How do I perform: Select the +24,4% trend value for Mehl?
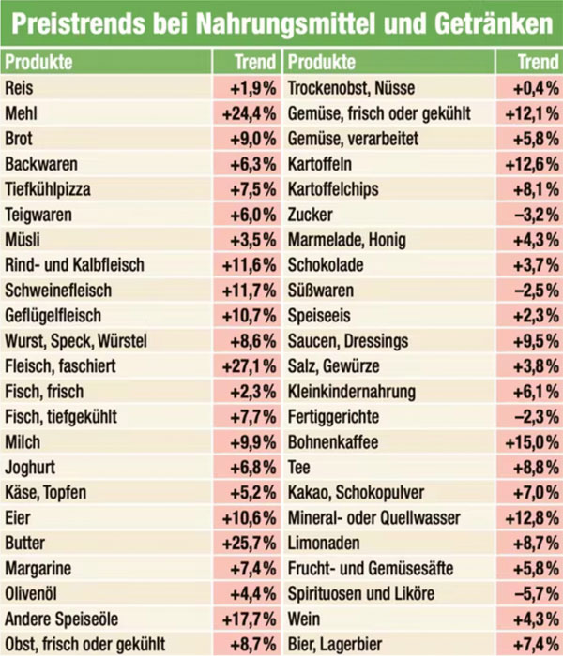248,113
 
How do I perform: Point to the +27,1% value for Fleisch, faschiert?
248,366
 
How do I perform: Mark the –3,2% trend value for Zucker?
536,215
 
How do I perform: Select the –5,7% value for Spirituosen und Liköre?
536,594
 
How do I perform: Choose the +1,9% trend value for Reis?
251,88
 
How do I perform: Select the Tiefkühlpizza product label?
48,189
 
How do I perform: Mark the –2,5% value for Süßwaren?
536,291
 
